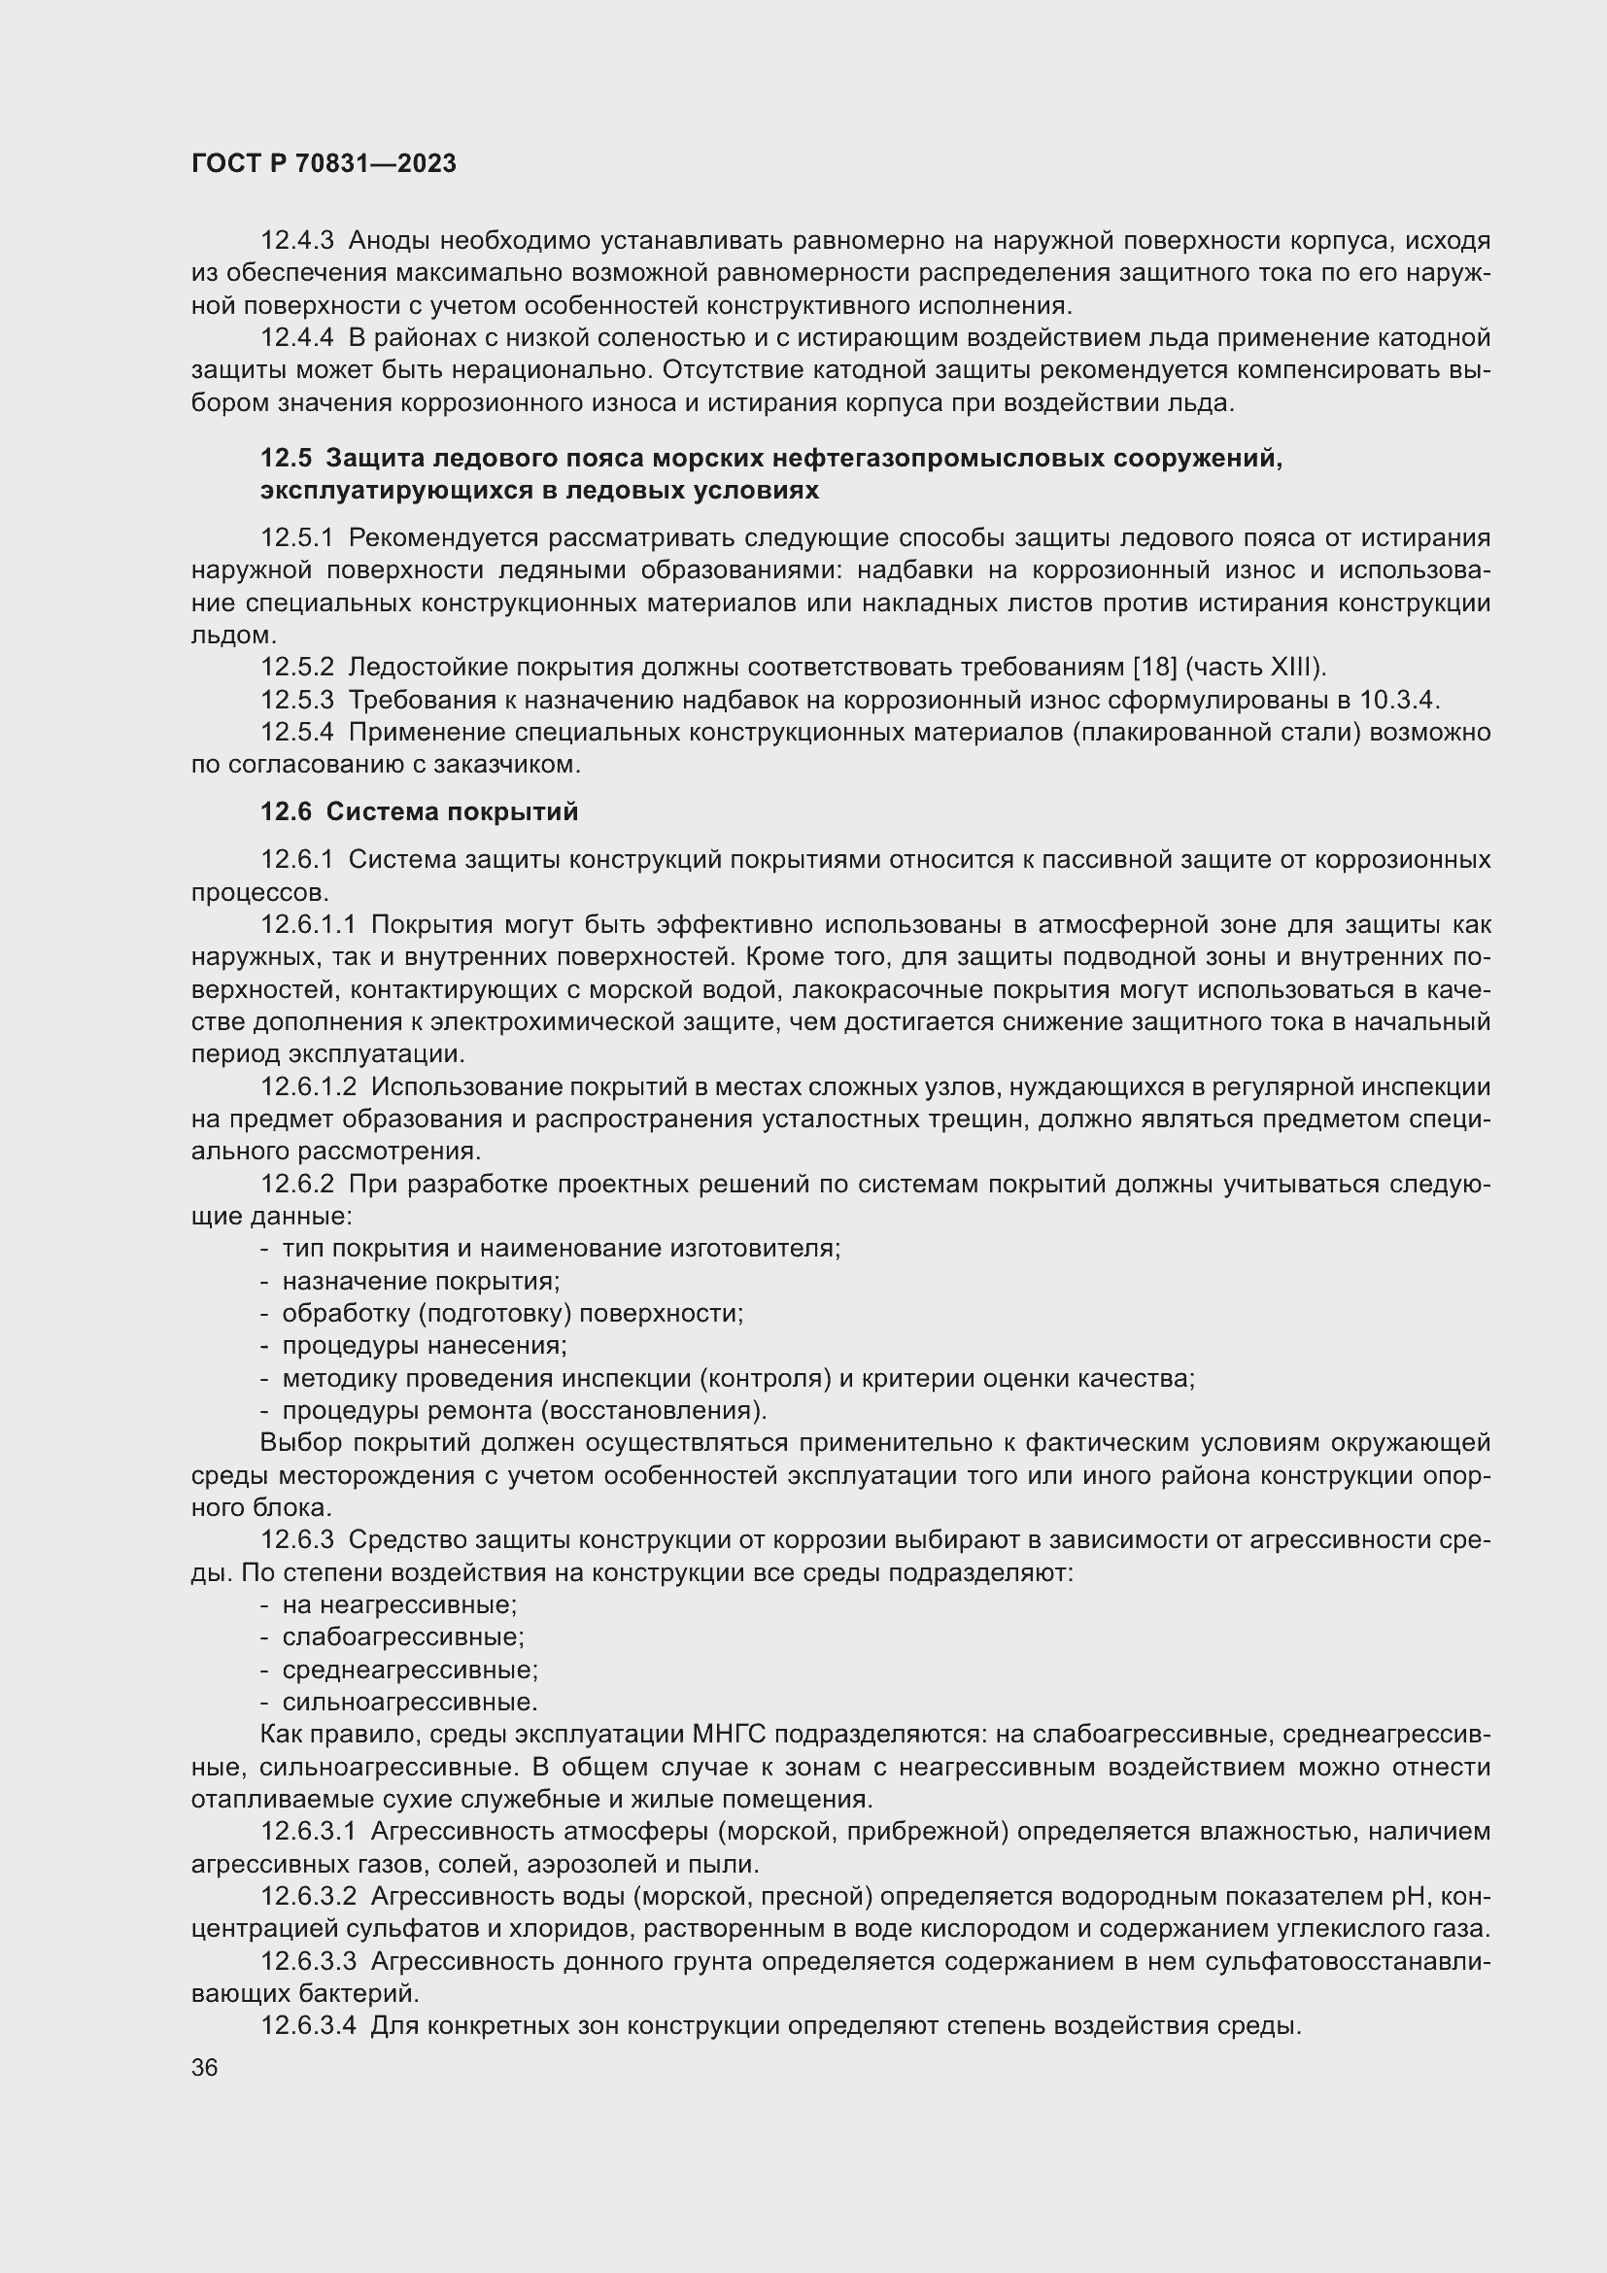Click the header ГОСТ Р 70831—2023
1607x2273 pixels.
[324, 164]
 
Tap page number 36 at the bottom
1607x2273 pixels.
[205, 2068]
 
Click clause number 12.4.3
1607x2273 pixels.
[297, 241]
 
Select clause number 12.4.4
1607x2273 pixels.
[297, 338]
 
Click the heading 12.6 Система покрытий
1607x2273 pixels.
[419, 812]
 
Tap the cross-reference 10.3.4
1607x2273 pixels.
[1396, 700]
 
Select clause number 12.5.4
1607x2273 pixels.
[297, 733]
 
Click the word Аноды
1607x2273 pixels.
[390, 241]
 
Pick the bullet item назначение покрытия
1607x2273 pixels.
[422, 1282]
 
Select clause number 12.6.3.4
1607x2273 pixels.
[308, 2026]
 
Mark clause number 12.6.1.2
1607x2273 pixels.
[308, 1087]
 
